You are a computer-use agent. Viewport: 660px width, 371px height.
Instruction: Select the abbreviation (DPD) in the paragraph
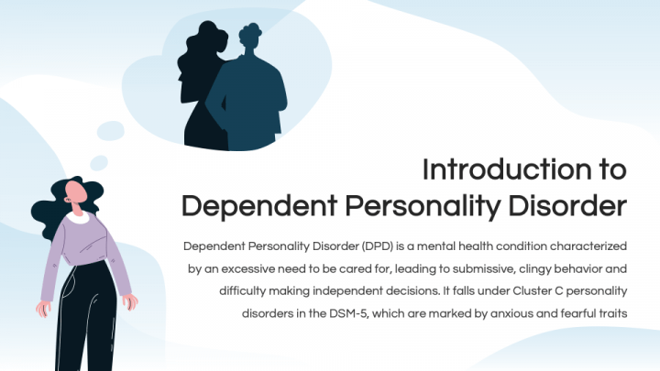[379, 246]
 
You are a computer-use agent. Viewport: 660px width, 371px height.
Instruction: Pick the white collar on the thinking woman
[79, 217]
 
